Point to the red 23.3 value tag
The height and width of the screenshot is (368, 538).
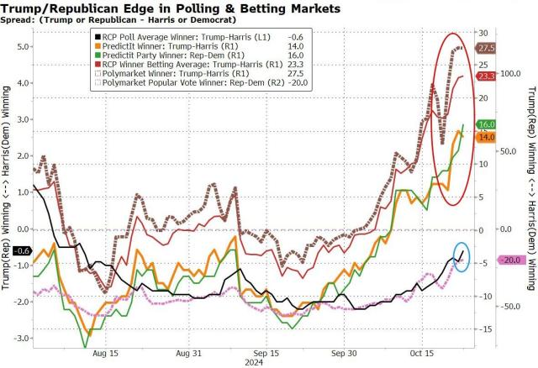[486, 76]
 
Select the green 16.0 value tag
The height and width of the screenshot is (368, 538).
[486, 124]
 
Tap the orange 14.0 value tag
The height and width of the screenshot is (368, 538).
[486, 136]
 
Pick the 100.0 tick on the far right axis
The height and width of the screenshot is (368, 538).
[509, 74]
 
